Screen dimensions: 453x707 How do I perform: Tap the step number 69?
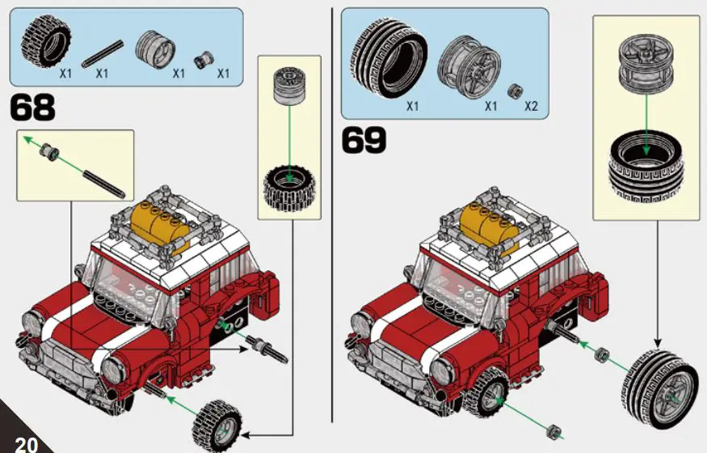(364, 139)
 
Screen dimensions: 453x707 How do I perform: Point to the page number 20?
(26, 443)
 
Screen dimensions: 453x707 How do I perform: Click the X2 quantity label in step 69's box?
(531, 106)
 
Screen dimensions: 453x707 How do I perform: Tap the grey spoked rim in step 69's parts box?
(468, 66)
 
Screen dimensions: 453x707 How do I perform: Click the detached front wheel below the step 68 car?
(217, 421)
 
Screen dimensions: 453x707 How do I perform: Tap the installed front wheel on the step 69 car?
(488, 398)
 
